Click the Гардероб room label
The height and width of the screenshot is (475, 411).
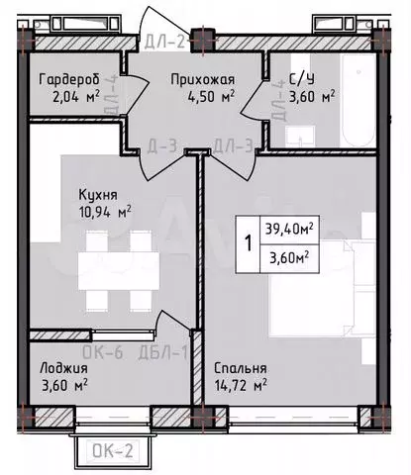[x=67, y=80]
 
